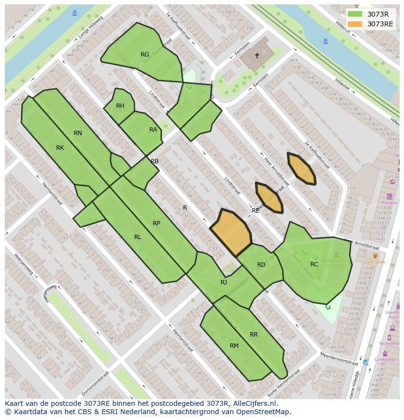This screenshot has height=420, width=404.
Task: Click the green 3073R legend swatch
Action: tap(355, 14)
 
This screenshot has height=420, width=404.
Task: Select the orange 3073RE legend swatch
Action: tap(355, 24)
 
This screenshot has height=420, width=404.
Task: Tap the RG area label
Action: tap(144, 55)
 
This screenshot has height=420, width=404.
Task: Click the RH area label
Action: tap(120, 106)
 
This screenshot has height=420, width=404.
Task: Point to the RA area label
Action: tap(153, 130)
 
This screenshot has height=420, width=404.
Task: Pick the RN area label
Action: tap(78, 133)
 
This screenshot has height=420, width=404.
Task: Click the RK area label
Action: tap(60, 148)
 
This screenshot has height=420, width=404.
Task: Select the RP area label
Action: tap(156, 223)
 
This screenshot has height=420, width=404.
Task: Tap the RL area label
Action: tap(138, 237)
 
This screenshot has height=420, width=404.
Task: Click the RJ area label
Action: tap(223, 282)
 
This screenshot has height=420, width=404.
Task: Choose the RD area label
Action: tap(261, 265)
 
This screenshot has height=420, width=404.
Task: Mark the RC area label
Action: tap(314, 264)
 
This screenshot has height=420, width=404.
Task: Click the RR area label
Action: tap(254, 335)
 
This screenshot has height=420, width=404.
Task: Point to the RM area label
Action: tap(234, 346)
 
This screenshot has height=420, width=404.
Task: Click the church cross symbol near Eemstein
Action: tap(257, 56)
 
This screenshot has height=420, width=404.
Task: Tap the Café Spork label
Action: tap(375, 262)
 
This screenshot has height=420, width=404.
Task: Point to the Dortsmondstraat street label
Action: tap(95, 383)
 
